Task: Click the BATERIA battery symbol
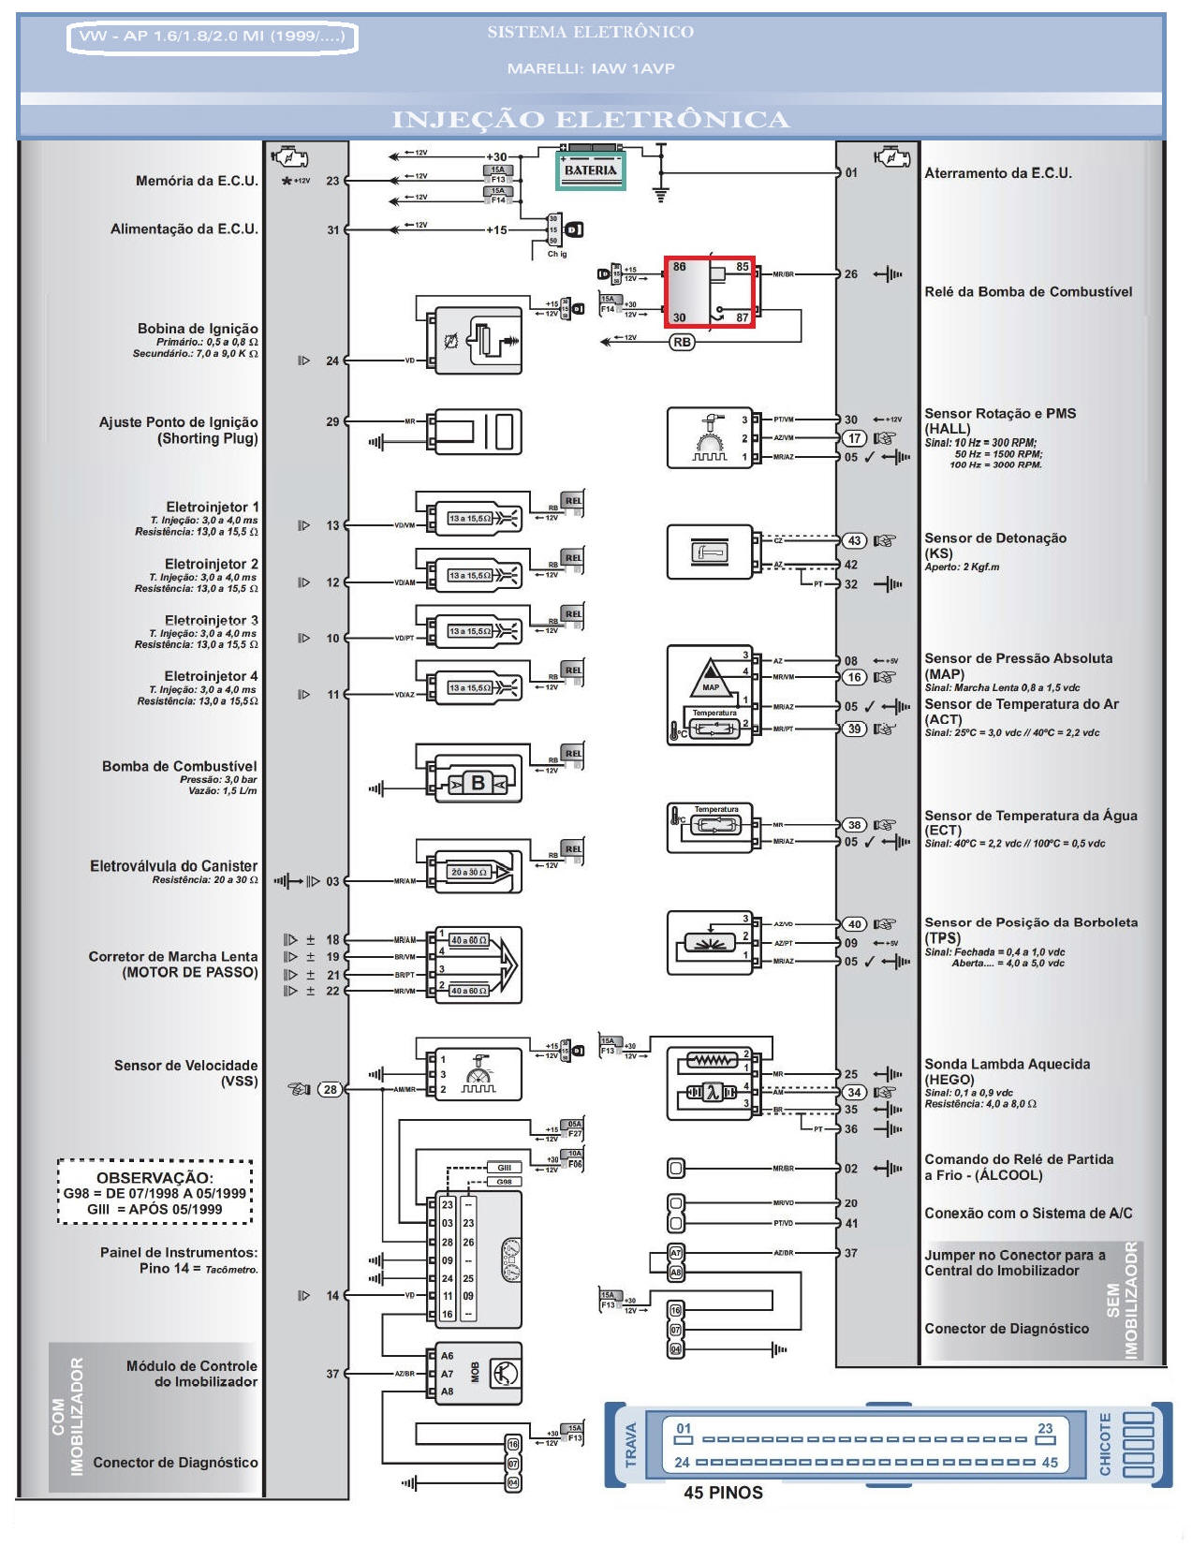[x=591, y=169]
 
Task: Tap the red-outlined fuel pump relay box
[x=710, y=291]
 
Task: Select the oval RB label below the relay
[x=682, y=343]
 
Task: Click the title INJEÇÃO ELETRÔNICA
[x=591, y=120]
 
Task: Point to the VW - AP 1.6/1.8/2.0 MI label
[x=213, y=37]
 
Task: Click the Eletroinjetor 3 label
[x=212, y=621]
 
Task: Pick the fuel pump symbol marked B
[x=478, y=783]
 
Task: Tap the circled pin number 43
[x=854, y=540]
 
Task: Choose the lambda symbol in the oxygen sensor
[x=714, y=1092]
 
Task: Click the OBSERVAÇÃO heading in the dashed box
[x=155, y=1177]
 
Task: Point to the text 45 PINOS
[x=723, y=1493]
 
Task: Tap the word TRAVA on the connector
[x=630, y=1445]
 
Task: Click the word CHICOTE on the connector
[x=1106, y=1443]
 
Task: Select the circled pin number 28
[x=330, y=1089]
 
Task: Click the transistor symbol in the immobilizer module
[x=505, y=1374]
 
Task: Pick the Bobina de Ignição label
[x=198, y=329]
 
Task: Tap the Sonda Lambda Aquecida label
[x=1007, y=1065]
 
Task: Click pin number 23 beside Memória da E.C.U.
[x=332, y=181]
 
